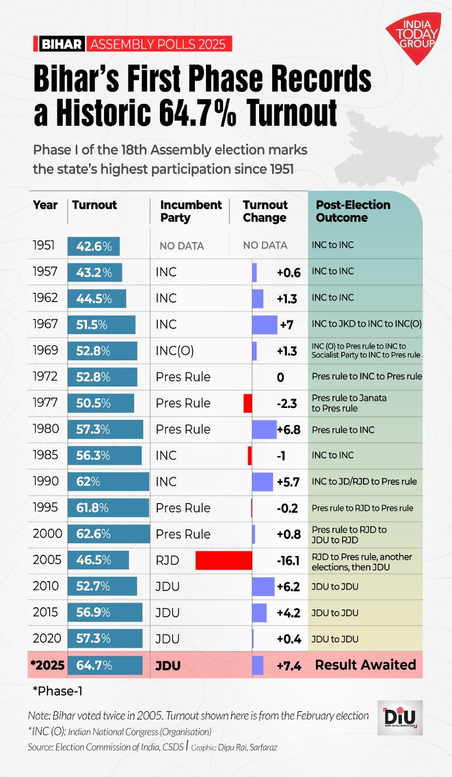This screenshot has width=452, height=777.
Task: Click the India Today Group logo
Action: [415, 37]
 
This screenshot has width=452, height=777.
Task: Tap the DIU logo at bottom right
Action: [400, 717]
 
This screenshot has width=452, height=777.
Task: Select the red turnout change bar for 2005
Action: [224, 560]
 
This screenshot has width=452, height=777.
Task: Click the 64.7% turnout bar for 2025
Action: [105, 665]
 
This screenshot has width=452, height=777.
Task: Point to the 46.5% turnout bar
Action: [98, 560]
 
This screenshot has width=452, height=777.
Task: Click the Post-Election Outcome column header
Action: [353, 211]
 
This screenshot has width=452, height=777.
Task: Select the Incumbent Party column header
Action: [191, 211]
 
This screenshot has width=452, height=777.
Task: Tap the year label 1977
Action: [45, 403]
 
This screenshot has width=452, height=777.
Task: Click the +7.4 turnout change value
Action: [289, 666]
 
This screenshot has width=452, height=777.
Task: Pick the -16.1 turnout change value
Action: [288, 560]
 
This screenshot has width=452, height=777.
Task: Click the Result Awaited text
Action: [365, 665]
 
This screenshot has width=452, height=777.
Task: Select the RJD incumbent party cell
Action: [168, 560]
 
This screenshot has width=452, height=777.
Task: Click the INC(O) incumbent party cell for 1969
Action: [174, 351]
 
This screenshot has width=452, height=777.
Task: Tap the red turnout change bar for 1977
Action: [248, 403]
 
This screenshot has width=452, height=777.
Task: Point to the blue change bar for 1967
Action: [264, 324]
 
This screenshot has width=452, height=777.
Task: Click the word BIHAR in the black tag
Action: [61, 44]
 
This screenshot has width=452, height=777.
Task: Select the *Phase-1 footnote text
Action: [57, 691]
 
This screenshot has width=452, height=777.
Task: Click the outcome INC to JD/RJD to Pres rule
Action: [364, 482]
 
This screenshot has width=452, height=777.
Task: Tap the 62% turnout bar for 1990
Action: [108, 482]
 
